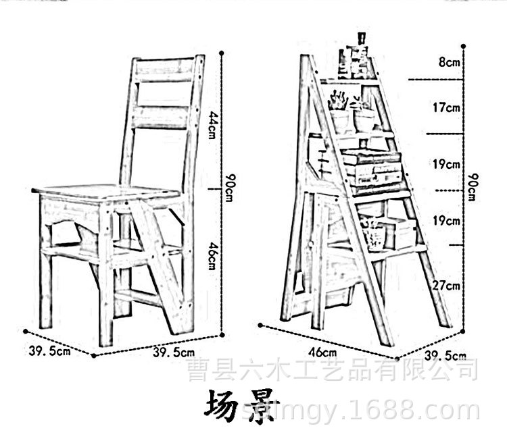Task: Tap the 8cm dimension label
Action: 448,63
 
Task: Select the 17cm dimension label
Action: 448,107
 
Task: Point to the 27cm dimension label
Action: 448,286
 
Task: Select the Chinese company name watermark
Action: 331,370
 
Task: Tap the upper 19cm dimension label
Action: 448,163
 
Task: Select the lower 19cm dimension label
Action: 448,220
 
